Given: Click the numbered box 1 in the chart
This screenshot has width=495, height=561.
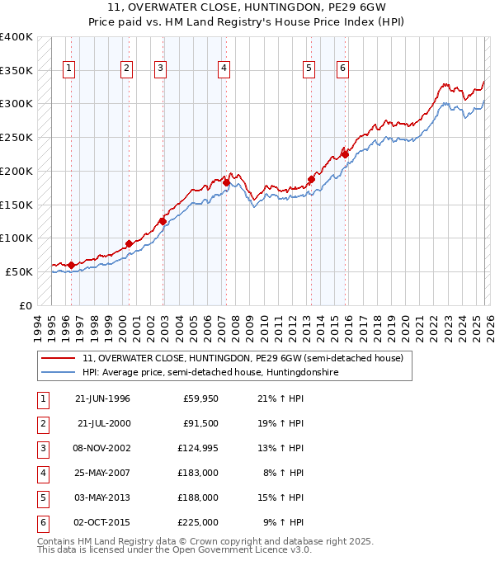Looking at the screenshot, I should [x=68, y=69].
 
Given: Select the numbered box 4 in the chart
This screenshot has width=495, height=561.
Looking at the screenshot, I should [x=224, y=69].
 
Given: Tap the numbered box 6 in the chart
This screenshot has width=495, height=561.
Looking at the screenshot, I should [x=342, y=69].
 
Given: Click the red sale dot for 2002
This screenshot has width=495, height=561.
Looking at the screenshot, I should [x=163, y=221].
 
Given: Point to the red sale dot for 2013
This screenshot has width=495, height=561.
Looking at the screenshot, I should [x=312, y=179].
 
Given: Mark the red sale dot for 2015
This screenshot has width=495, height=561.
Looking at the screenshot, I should [x=346, y=154].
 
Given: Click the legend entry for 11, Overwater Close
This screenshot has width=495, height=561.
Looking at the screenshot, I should [x=243, y=359].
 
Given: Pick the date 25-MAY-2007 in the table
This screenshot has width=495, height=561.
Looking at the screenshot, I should [x=102, y=474].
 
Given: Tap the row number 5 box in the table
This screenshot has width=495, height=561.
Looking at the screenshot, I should [x=41, y=497].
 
